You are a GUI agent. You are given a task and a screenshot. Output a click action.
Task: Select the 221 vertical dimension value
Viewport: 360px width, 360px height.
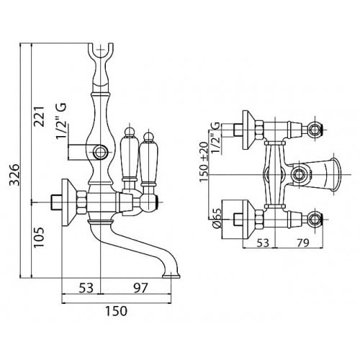[40, 117]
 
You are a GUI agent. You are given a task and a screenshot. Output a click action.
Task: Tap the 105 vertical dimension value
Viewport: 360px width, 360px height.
[39, 238]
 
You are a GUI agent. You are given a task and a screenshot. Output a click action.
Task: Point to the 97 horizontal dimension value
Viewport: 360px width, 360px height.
[140, 288]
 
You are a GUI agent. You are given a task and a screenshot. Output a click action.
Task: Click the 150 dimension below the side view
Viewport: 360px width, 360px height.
[116, 311]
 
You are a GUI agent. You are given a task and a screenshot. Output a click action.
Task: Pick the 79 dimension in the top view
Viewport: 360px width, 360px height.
[303, 243]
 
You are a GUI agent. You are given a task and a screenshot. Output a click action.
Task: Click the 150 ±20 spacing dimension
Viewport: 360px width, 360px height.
[204, 162]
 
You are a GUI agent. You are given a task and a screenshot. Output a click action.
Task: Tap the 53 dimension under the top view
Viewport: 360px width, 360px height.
[263, 243]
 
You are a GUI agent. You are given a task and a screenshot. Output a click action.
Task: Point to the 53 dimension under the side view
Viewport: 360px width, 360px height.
[86, 288]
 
